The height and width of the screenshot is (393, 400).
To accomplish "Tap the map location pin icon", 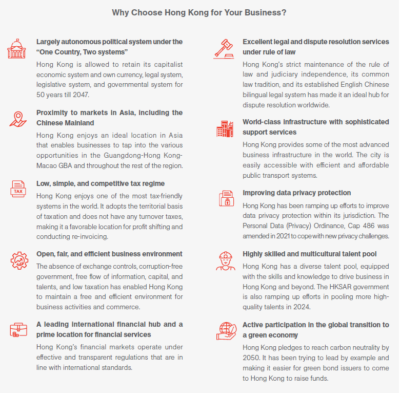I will click(17, 119).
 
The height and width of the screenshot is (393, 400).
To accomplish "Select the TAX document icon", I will click(17, 190).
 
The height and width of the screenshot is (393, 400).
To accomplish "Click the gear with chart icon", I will click(19, 260).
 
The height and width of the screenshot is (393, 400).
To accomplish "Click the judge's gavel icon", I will click(223, 48).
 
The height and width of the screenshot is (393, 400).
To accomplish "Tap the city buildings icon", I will click(225, 128).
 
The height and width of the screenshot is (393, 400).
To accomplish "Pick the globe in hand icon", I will click(225, 331).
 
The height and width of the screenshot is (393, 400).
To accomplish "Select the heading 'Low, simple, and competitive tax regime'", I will click(100, 183).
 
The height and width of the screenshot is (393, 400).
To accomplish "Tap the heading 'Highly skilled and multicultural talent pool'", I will click(309, 254).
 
